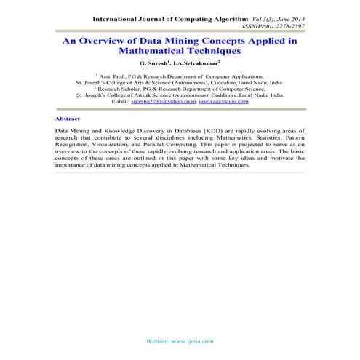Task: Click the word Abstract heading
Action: (67, 117)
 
